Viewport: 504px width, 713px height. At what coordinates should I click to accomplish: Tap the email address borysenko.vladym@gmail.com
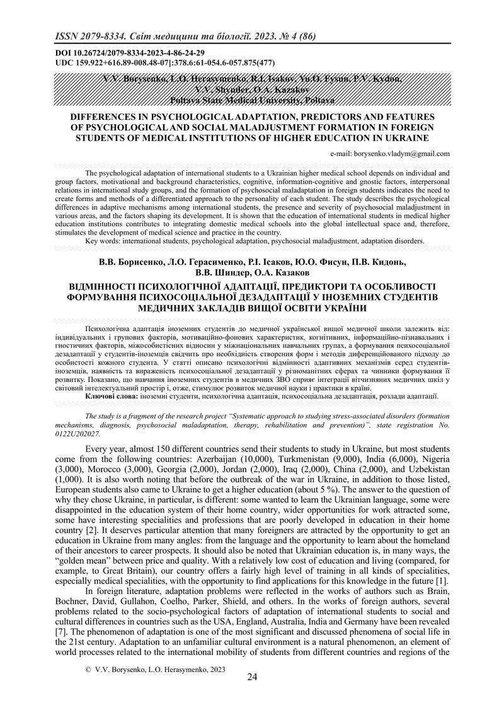pos(390,153)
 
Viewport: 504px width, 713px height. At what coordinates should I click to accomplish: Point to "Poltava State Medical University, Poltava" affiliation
pos(252,101)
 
